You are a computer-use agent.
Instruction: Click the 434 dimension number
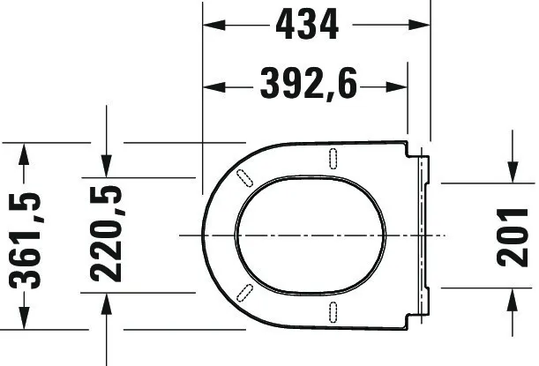307,25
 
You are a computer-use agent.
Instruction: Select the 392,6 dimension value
309,84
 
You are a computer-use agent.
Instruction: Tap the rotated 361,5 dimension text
25,241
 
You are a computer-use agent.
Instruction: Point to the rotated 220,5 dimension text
106,234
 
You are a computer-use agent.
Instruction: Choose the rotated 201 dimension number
513,237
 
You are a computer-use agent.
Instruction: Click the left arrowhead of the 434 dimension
213,25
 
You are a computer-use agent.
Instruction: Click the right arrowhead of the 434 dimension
419,25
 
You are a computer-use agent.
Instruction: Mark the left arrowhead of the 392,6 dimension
213,87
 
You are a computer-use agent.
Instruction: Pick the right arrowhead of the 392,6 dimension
397,87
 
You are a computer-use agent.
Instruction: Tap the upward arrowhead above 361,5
24,153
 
